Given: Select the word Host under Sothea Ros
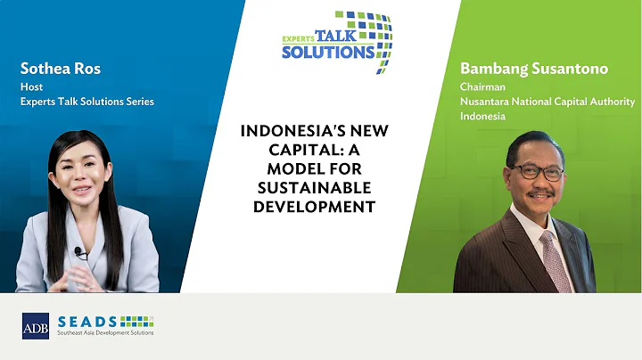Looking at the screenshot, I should tap(31, 87).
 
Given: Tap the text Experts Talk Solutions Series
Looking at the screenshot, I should tap(86, 102).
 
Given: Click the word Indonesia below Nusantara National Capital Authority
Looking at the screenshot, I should tap(482, 117).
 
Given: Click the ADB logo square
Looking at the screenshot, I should tap(36, 326).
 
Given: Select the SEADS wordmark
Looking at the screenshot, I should tap(87, 321).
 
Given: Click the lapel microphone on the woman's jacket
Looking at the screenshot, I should tap(78, 252).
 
